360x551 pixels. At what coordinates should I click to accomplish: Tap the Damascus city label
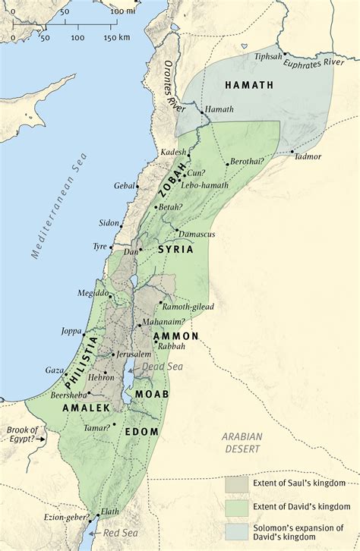click(x=198, y=235)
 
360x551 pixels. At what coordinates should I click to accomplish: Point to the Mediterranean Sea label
click(x=62, y=206)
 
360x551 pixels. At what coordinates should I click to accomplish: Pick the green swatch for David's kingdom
click(x=235, y=506)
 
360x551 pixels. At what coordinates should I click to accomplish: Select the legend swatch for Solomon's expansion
click(x=235, y=529)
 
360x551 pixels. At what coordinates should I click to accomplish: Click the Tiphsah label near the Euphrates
click(x=269, y=55)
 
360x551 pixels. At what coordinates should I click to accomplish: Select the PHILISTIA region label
click(x=84, y=358)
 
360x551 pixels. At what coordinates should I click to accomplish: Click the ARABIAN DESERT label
click(x=242, y=442)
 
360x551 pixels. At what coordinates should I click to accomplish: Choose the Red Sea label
click(x=118, y=534)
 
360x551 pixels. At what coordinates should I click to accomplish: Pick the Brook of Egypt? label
click(x=23, y=434)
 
